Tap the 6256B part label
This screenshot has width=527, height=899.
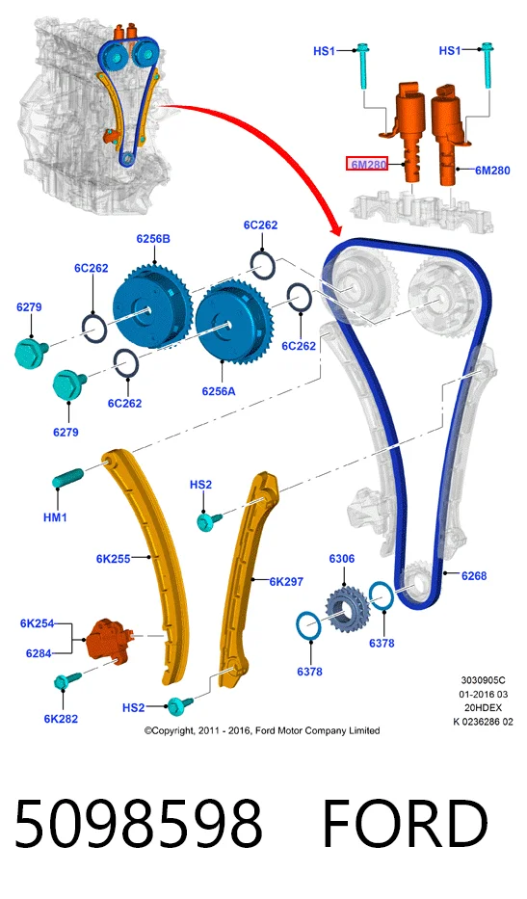[x=153, y=239]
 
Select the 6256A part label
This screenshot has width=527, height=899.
[x=218, y=391]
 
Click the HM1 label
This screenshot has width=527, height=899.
[x=55, y=517]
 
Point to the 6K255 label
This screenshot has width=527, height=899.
[x=113, y=558]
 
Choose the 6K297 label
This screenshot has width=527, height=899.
[x=286, y=581]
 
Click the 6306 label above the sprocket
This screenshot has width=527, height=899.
[x=342, y=559]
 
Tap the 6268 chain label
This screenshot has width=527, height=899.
[x=474, y=575]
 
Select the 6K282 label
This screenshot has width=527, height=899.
[x=61, y=719]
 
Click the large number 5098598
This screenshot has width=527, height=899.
[x=138, y=823]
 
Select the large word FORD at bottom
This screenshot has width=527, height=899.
[x=405, y=823]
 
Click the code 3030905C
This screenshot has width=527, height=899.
[x=483, y=680]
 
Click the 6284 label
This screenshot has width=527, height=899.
[x=39, y=653]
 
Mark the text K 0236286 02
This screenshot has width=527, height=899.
[x=483, y=722]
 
